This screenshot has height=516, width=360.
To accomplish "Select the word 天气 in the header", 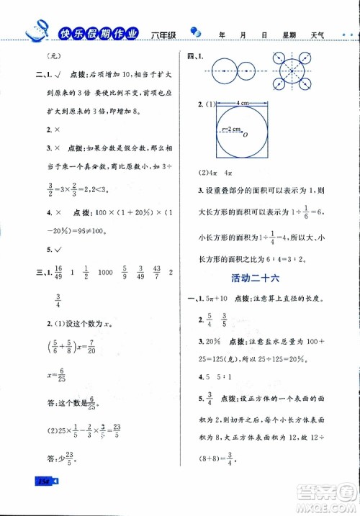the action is pos(318,34).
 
